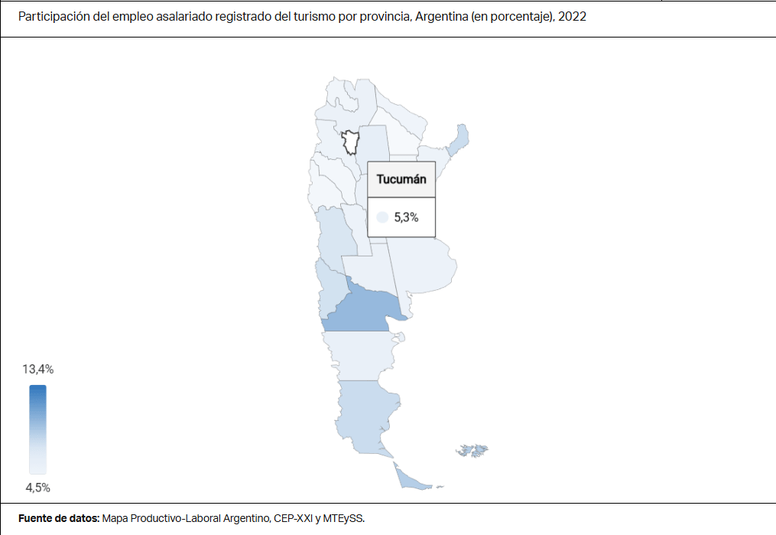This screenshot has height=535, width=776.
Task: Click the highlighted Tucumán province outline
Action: click(x=350, y=142)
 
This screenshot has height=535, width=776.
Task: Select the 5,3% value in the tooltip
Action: click(x=406, y=217)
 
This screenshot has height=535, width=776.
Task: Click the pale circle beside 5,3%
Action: click(x=382, y=217)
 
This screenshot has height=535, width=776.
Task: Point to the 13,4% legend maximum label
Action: click(x=38, y=369)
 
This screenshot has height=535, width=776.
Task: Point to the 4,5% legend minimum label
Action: click(x=37, y=488)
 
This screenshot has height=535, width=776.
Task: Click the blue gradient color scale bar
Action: click(x=38, y=429)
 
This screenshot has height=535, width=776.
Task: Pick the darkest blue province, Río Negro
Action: click(x=363, y=310)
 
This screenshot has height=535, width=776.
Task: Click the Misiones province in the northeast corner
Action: click(x=459, y=139)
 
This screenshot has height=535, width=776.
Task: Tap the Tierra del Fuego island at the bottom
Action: click(x=409, y=479)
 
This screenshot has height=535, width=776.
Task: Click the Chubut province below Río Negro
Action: click(x=359, y=354)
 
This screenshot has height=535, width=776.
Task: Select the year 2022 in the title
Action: click(x=573, y=16)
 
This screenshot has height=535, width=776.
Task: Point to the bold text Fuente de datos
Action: click(x=58, y=518)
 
